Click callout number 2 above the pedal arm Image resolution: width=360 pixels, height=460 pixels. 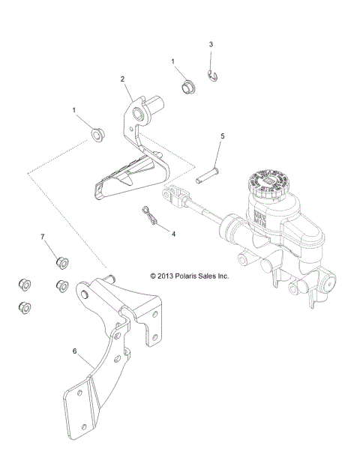[122, 78]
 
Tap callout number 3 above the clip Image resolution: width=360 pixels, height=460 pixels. [211, 44]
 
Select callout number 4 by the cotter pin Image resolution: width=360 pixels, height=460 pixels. [174, 234]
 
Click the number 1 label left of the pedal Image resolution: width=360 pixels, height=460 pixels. [74, 109]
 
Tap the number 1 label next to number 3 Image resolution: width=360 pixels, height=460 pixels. [173, 61]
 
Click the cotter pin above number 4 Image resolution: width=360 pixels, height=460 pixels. [150, 216]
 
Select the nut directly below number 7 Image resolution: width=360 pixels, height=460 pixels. [61, 261]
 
